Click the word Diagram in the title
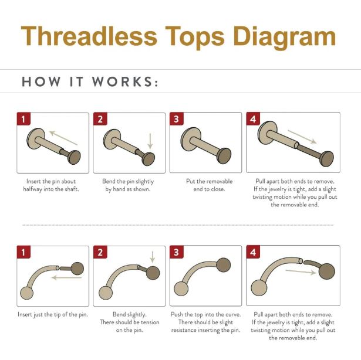pos(285,38)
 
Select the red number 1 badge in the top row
pos(23,119)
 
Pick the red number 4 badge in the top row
pos(253,119)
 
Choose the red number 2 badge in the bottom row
pos(100,252)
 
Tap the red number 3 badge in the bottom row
pos(176,252)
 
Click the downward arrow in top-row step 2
pos(150,141)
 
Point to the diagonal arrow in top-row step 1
pos(63,138)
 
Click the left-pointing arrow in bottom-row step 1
pos(67,278)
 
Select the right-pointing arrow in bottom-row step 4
pos(301,272)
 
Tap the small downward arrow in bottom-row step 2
pos(153,257)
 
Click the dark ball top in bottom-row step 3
pos(223,265)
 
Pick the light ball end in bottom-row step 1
pos(26,293)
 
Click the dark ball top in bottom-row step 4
pos(327,271)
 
